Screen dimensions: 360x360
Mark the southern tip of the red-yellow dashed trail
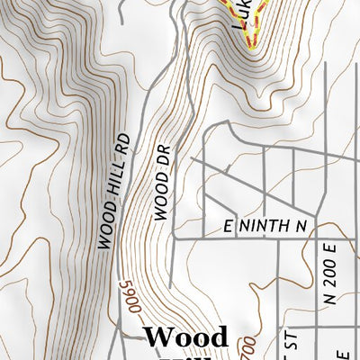pos(249,40)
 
